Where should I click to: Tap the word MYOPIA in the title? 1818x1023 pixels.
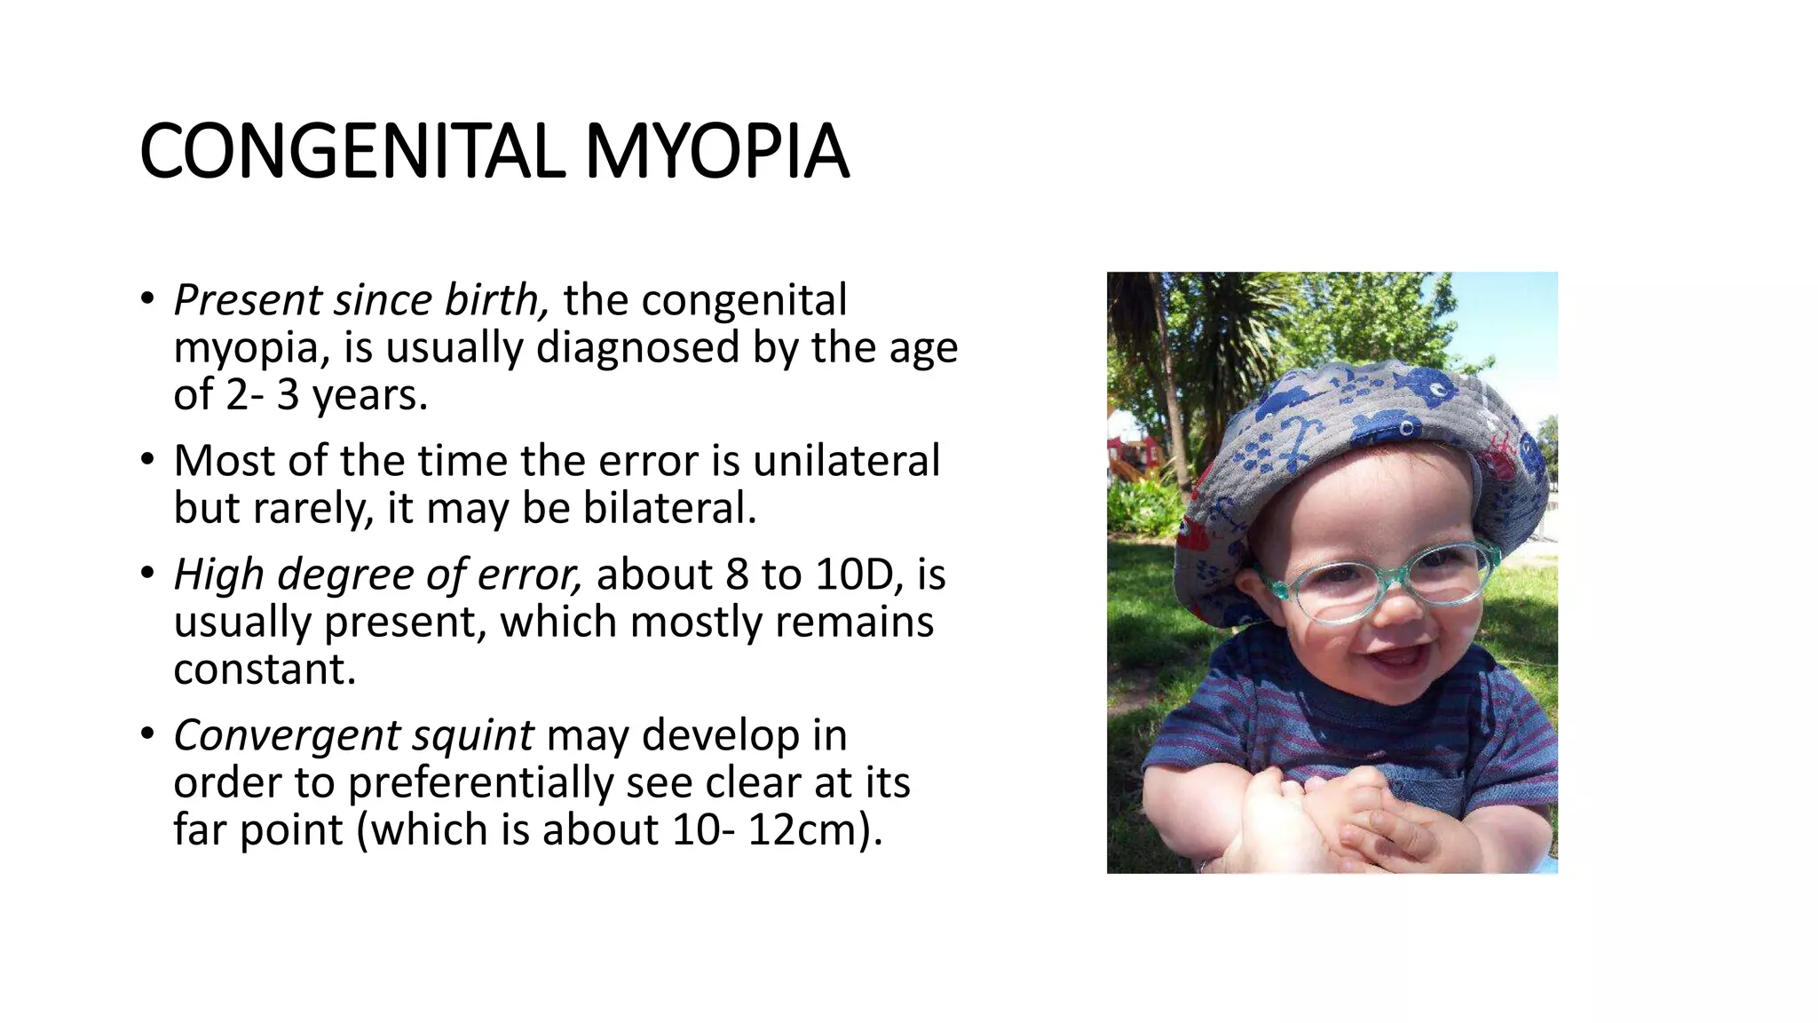[x=716, y=152]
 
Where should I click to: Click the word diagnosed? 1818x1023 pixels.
[x=637, y=347]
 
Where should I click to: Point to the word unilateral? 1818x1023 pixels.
[x=846, y=461]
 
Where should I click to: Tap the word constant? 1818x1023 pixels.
[x=265, y=670]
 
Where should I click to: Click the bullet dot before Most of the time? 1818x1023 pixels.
[x=147, y=460]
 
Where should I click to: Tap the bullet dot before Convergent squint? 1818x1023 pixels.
[x=147, y=734]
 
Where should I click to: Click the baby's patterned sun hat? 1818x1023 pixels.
[x=1358, y=426]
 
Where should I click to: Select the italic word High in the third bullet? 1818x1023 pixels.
[x=218, y=575]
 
